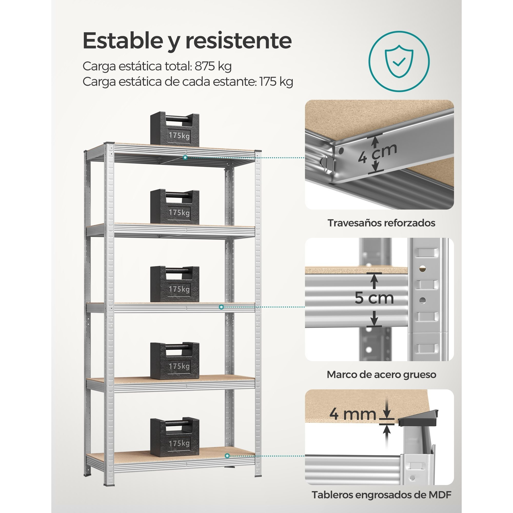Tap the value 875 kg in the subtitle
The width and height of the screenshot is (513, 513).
(213, 66)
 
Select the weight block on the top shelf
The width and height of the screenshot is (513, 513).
(175, 129)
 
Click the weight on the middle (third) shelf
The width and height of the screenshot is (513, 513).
(175, 284)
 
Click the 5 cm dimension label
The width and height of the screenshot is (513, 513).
(374, 298)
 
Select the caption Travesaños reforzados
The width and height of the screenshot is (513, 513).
(381, 223)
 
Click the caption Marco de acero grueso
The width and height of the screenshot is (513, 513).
(382, 375)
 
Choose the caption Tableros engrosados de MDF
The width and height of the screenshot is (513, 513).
(382, 495)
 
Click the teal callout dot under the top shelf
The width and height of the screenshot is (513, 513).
(185, 157)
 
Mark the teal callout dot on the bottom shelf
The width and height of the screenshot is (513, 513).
(227, 456)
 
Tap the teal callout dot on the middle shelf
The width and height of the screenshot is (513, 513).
(221, 307)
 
